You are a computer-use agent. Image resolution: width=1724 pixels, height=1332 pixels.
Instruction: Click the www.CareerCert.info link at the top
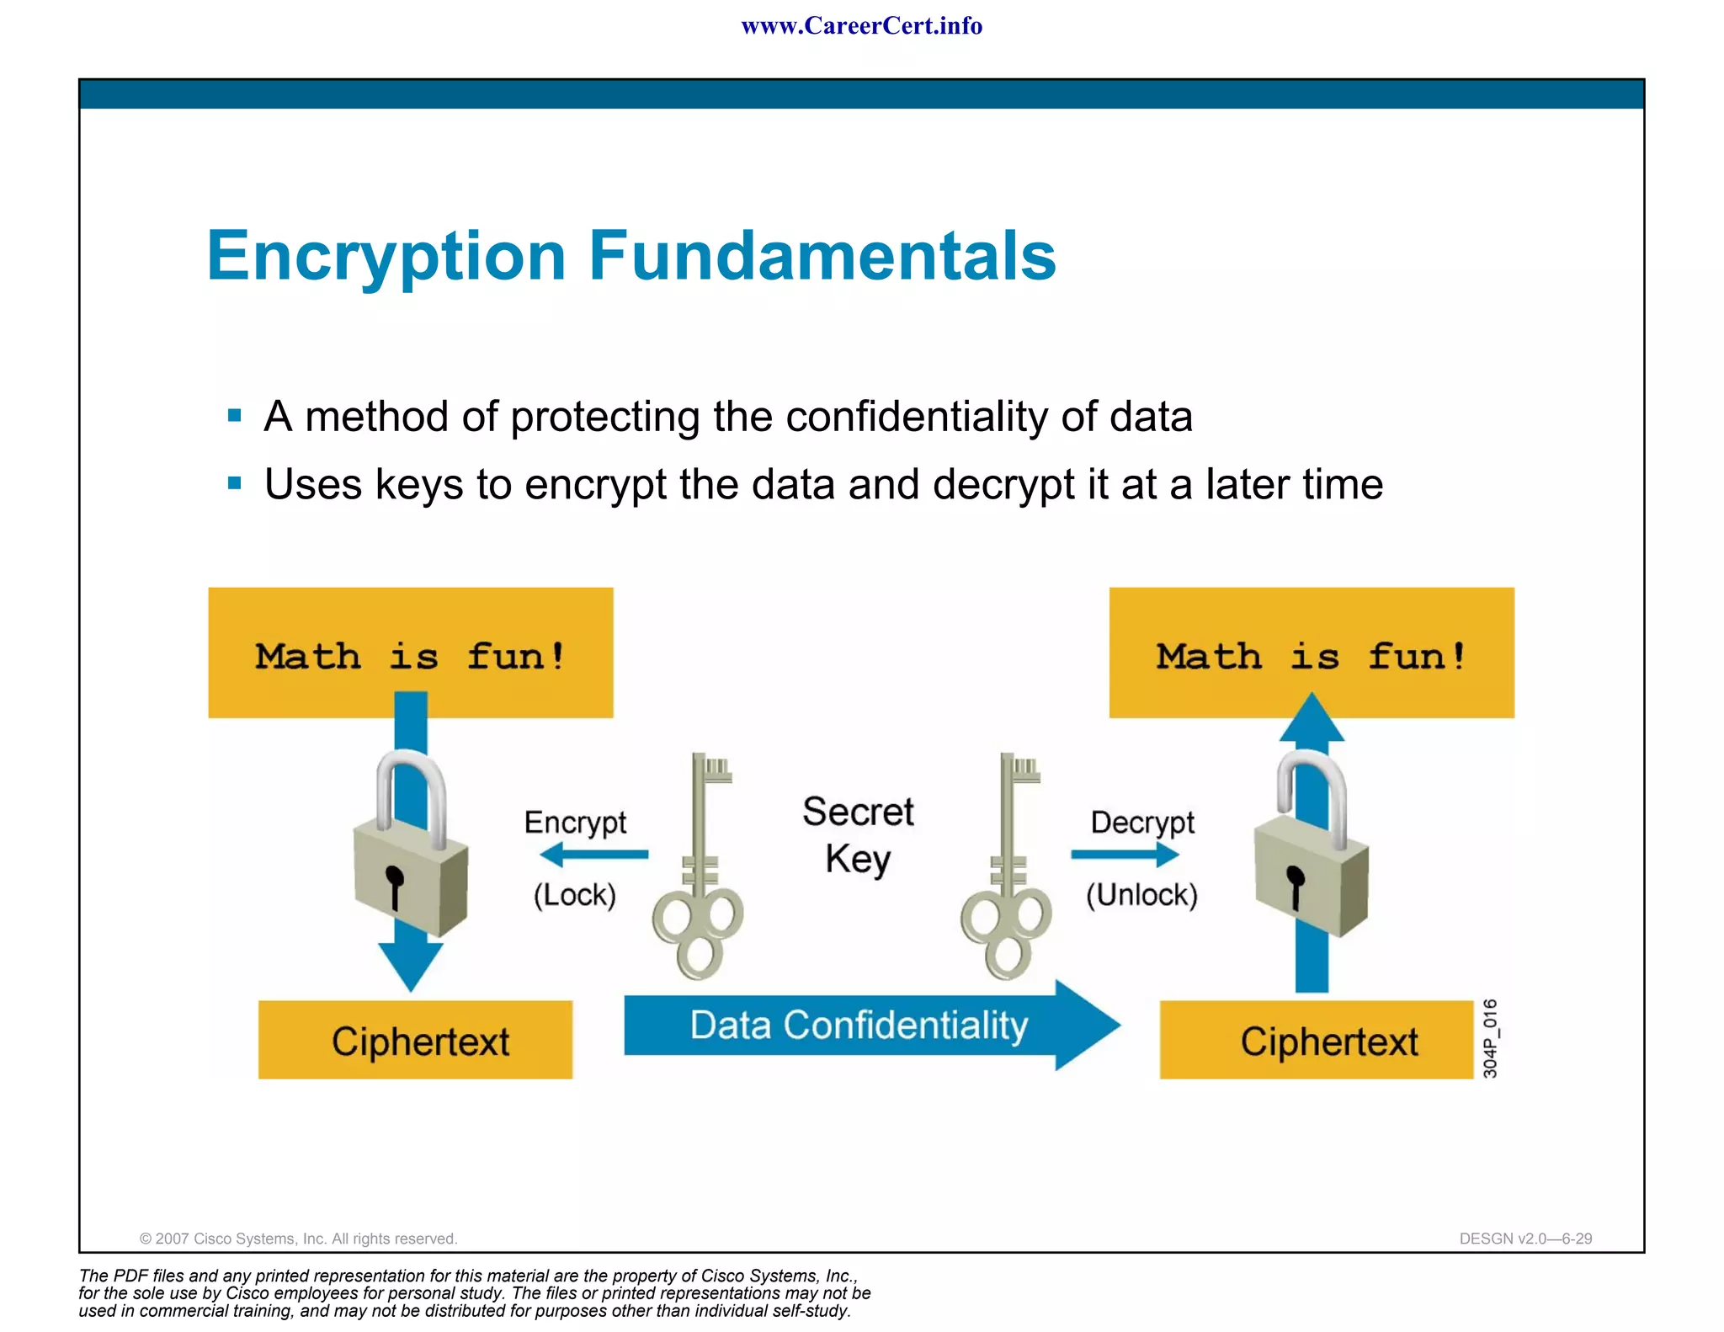(861, 26)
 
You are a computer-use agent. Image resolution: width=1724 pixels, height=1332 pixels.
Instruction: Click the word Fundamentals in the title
(822, 256)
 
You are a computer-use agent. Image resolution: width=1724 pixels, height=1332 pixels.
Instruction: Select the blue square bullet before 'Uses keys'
(235, 483)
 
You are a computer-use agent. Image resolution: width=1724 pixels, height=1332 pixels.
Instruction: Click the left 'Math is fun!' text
(410, 656)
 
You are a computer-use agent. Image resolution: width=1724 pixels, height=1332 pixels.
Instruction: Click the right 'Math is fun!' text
(1311, 656)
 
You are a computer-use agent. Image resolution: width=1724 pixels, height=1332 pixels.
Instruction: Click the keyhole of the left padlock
(393, 884)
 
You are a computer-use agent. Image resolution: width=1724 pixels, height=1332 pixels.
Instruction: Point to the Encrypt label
(575, 822)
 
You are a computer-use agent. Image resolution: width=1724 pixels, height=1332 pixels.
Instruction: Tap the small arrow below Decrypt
(1125, 855)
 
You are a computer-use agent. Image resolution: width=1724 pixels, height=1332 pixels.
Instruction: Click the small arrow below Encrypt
(593, 855)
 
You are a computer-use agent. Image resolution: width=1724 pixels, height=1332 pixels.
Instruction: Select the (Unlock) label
(1141, 894)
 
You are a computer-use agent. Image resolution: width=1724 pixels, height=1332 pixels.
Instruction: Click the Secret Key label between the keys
(858, 835)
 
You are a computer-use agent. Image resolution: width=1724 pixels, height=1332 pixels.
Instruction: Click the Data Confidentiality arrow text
(859, 1026)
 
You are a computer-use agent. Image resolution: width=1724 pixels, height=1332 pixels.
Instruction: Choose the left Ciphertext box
(416, 1041)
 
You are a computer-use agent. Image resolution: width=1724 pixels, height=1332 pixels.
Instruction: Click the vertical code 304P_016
(1490, 1038)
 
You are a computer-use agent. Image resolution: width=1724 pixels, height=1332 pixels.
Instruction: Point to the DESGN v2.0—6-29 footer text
(1525, 1239)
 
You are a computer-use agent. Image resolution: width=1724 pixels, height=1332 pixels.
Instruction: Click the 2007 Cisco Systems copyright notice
(298, 1239)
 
